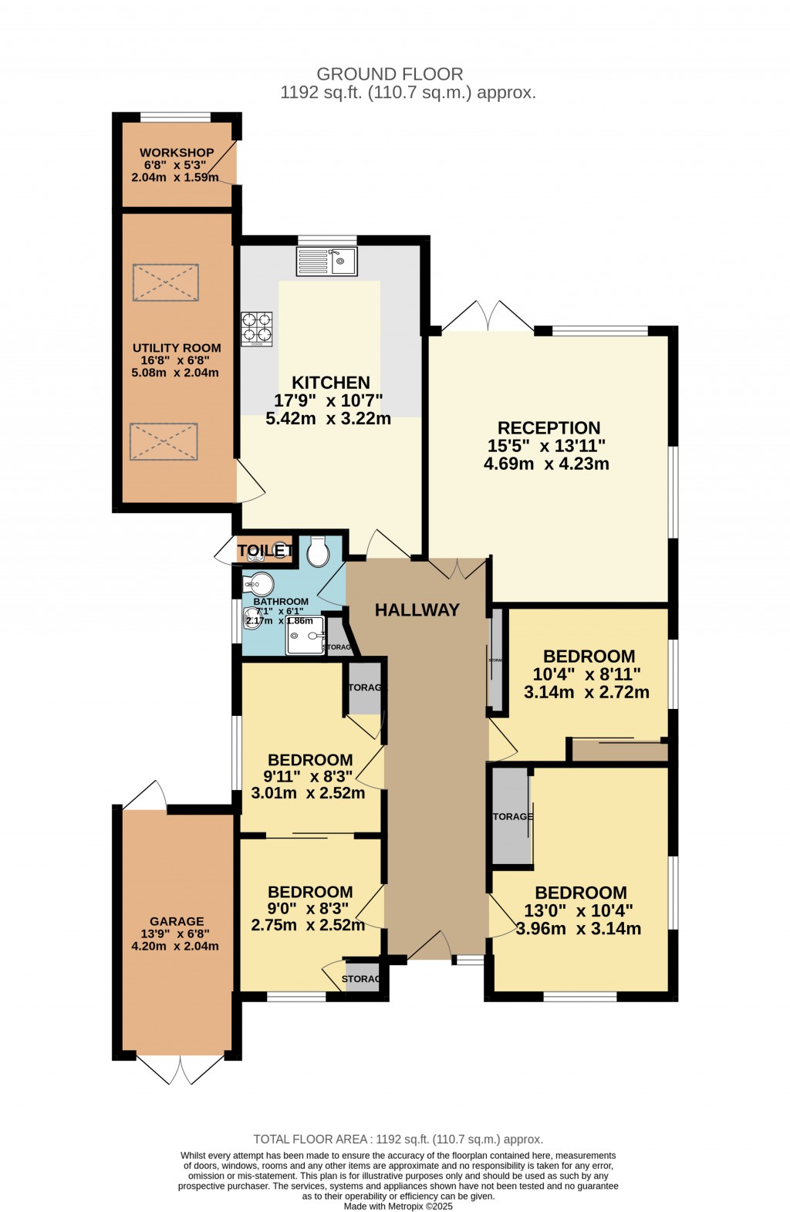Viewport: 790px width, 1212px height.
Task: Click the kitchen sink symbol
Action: click(326, 261)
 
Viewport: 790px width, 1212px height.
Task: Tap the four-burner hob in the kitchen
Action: click(257, 328)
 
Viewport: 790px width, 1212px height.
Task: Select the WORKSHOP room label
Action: click(177, 153)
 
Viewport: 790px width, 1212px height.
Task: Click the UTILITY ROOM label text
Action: click(177, 348)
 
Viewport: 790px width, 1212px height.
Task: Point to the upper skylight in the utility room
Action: click(166, 282)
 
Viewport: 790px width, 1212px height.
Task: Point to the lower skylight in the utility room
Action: click(164, 441)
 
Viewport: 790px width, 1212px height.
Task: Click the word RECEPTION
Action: click(549, 428)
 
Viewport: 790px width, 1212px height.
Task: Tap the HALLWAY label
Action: click(417, 610)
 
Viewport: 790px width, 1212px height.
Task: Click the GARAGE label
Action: click(177, 921)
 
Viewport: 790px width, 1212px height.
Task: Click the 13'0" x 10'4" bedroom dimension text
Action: click(580, 911)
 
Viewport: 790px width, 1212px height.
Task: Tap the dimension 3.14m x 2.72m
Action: click(586, 693)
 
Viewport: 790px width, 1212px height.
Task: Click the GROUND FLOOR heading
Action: click(390, 74)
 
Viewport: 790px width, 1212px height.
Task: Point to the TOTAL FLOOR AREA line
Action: click(398, 1139)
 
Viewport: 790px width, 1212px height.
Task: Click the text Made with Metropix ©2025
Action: click(398, 1207)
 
